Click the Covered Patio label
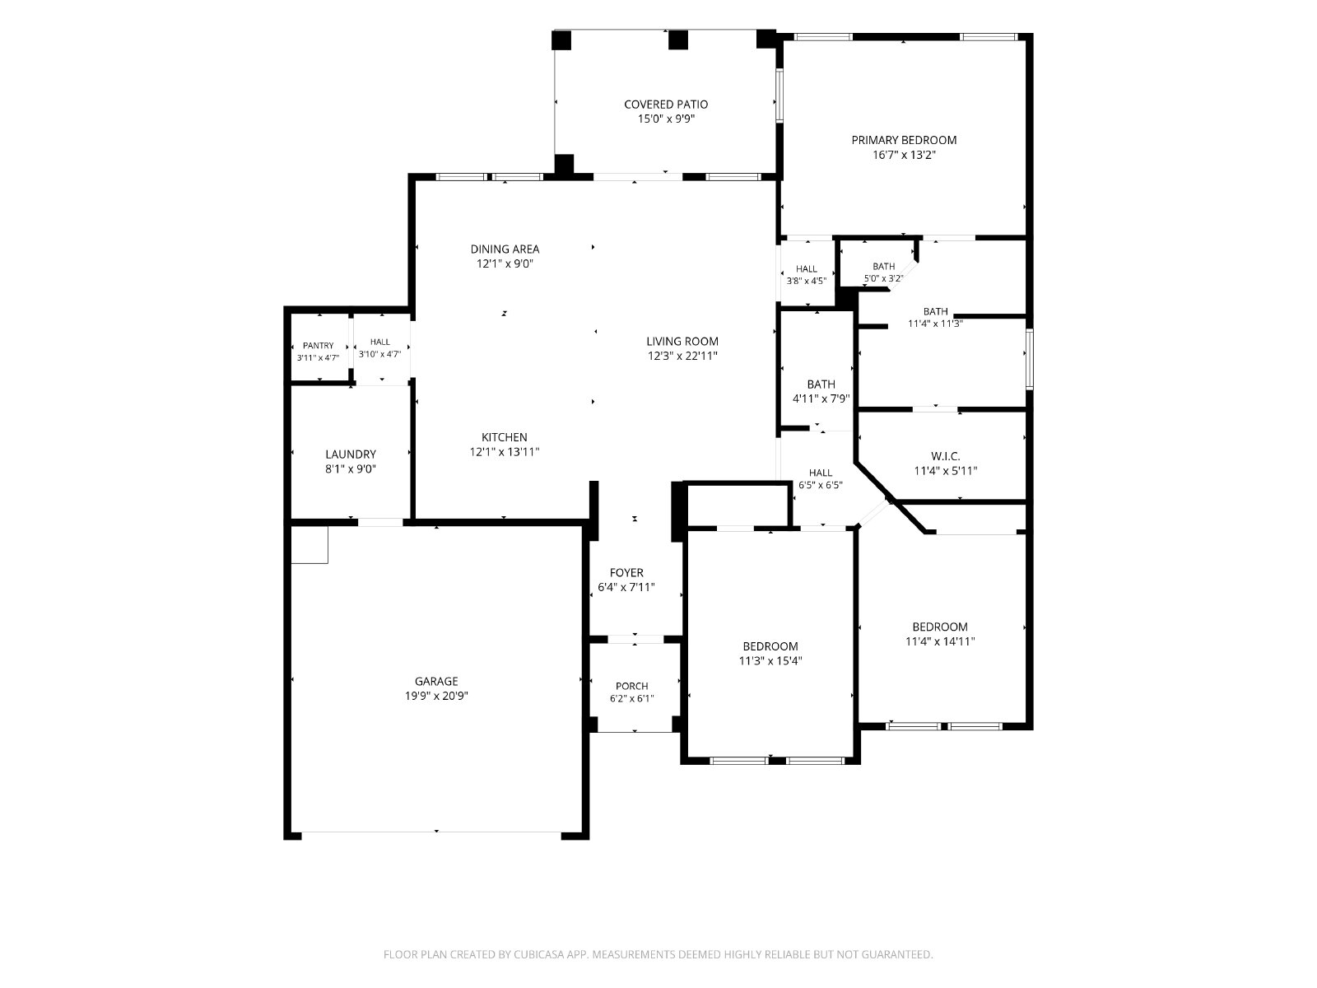coord(665,105)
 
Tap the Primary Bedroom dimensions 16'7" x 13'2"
coord(904,155)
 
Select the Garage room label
coord(436,681)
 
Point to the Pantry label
coord(318,346)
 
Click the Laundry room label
coord(351,454)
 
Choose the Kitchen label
coord(504,437)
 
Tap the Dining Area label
coord(505,249)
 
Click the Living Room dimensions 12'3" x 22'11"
coord(682,356)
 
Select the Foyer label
coord(626,573)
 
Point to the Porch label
coord(632,686)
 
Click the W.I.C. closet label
coord(945,456)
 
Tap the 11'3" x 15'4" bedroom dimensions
coord(770,660)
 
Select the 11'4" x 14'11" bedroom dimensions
coord(940,641)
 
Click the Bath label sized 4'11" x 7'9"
coord(821,384)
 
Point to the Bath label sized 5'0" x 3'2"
coord(884,266)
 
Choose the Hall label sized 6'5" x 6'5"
coord(820,473)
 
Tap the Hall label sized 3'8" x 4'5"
coord(807,268)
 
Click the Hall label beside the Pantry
coord(379,342)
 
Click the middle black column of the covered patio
coord(678,40)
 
